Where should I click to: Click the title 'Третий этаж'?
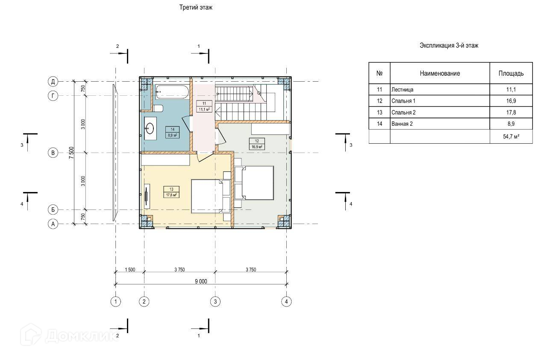click(196, 8)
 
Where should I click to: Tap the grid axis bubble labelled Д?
click(53, 81)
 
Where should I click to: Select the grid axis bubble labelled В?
click(53, 153)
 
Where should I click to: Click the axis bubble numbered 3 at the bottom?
click(215, 302)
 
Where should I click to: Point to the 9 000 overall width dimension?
click(201, 281)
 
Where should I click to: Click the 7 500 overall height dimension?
click(71, 153)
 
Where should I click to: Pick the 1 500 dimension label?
click(130, 270)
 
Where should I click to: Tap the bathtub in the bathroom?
click(172, 92)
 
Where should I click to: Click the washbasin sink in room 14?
click(150, 128)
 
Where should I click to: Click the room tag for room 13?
click(171, 192)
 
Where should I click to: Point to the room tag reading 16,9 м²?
click(257, 144)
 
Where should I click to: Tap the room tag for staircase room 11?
click(204, 106)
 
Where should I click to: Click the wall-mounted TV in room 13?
click(147, 196)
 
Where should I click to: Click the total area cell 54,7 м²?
click(511, 136)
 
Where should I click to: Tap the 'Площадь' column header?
click(511, 74)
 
